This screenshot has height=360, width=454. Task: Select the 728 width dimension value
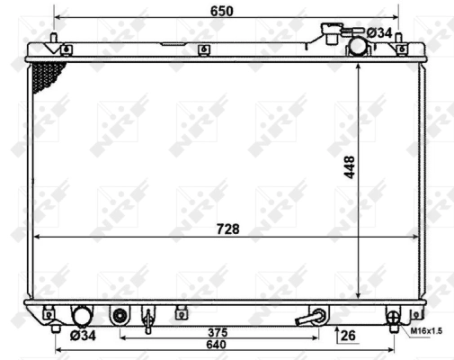(x=227, y=229)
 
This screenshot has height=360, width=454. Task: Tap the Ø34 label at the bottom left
(x=84, y=337)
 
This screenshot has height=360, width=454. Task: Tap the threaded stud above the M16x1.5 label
(x=392, y=316)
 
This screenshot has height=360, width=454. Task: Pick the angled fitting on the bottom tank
(x=317, y=317)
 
